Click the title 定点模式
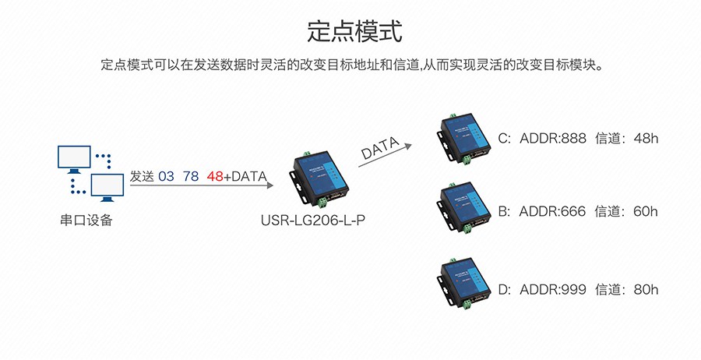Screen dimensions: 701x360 pyautogui.click(x=354, y=31)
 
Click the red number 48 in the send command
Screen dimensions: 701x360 pyautogui.click(x=215, y=177)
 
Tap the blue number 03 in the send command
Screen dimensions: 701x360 pyautogui.click(x=166, y=177)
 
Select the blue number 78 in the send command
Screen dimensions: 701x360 pyautogui.click(x=191, y=177)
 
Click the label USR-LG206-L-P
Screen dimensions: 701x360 pyautogui.click(x=313, y=221)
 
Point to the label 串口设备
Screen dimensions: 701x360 pyautogui.click(x=86, y=221)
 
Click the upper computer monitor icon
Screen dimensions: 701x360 pyautogui.click(x=74, y=159)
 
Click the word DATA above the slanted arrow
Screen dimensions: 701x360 pyautogui.click(x=380, y=147)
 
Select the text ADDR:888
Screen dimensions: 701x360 pyautogui.click(x=552, y=139)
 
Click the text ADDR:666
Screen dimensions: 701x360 pyautogui.click(x=552, y=211)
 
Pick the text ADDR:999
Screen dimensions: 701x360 pyautogui.click(x=552, y=290)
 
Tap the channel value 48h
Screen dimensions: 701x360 pyautogui.click(x=646, y=139)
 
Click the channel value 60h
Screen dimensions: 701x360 pyautogui.click(x=646, y=211)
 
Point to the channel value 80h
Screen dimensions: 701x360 pyautogui.click(x=646, y=290)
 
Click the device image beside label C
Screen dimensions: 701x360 pyautogui.click(x=463, y=139)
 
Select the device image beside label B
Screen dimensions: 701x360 pyautogui.click(x=463, y=208)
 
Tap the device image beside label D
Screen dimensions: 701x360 pyautogui.click(x=463, y=284)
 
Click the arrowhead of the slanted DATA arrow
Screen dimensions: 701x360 pyautogui.click(x=408, y=146)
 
